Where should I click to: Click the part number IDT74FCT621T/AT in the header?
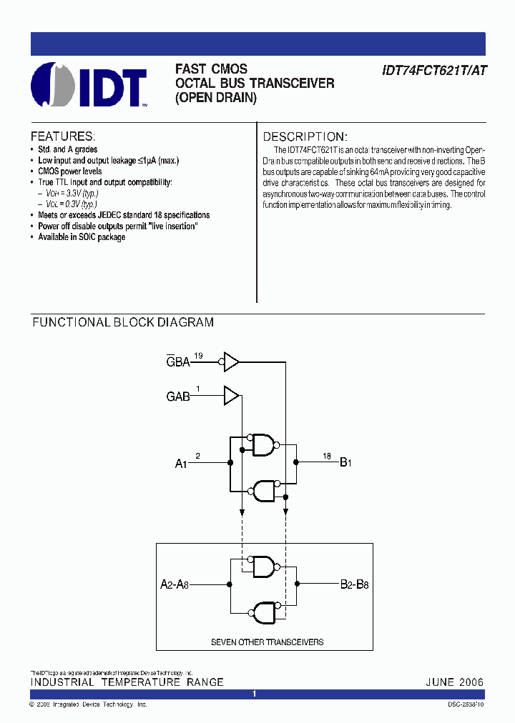434,71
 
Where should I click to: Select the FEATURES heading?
62,136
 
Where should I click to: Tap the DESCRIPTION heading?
305,136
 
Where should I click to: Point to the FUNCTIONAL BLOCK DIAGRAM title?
123,322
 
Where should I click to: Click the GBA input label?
178,361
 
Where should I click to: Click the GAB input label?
178,396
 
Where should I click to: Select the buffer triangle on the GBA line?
232,361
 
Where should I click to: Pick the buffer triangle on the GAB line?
232,395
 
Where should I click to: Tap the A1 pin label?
182,464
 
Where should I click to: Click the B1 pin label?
345,463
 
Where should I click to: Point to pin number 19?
199,355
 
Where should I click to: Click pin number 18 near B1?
327,456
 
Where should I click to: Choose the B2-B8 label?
355,584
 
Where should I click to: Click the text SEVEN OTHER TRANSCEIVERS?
267,642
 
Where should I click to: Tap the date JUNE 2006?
455,682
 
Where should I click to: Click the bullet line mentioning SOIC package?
82,237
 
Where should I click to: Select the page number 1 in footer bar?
254,694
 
